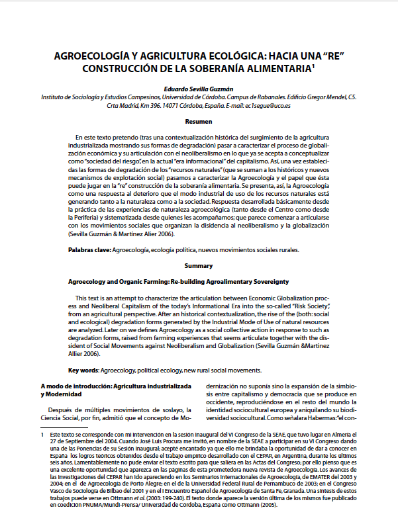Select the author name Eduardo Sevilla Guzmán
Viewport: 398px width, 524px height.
pos(199,87)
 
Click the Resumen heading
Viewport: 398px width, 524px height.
pos(199,122)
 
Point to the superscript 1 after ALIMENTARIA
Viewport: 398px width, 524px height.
pos(313,65)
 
